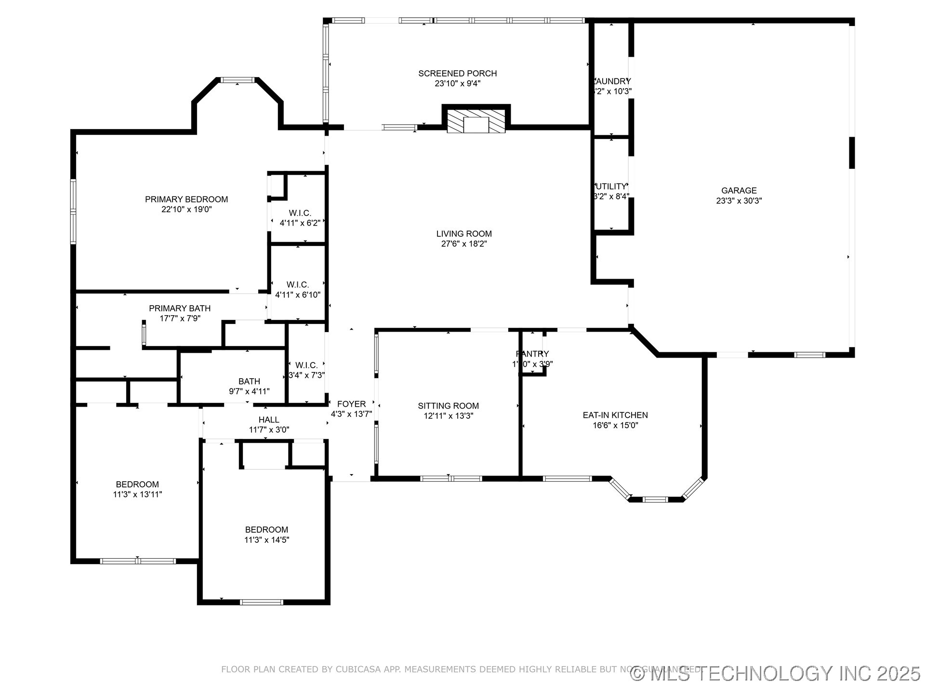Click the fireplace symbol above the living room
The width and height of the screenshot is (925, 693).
476,121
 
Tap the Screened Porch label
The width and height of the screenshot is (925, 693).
457,74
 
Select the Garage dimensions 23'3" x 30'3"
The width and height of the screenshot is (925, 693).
739,201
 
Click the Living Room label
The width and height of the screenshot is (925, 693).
464,234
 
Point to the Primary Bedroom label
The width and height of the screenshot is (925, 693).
186,199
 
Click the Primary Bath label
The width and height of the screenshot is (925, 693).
180,308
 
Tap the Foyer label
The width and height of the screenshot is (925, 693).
351,404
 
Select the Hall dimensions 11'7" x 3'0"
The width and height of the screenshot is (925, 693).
269,430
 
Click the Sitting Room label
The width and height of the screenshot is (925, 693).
448,406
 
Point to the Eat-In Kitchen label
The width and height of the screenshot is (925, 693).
615,415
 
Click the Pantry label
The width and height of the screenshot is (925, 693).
532,354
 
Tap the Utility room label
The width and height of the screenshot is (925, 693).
611,186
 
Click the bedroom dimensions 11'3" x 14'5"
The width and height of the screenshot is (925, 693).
266,540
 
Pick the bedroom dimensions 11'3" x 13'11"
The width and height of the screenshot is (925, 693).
137,494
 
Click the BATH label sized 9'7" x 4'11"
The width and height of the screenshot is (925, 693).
249,381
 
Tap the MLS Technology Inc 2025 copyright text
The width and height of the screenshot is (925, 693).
775,673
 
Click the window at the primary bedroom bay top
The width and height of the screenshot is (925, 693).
238,80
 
